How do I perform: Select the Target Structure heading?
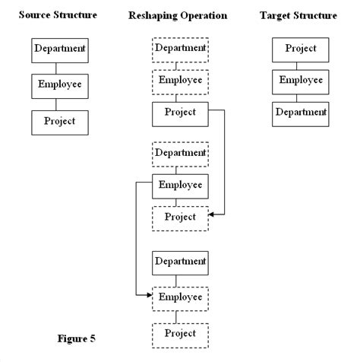[x=298, y=16]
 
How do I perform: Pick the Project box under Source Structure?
[x=59, y=121]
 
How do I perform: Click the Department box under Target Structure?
[x=301, y=113]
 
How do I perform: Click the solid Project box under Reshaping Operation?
[x=180, y=113]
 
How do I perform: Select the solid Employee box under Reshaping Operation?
[x=180, y=186]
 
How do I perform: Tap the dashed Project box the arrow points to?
[x=180, y=218]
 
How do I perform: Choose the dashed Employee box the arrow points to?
[x=180, y=297]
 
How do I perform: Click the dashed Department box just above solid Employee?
[x=180, y=154]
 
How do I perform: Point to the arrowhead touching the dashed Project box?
[x=211, y=215]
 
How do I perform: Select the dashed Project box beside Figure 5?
[x=180, y=334]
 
